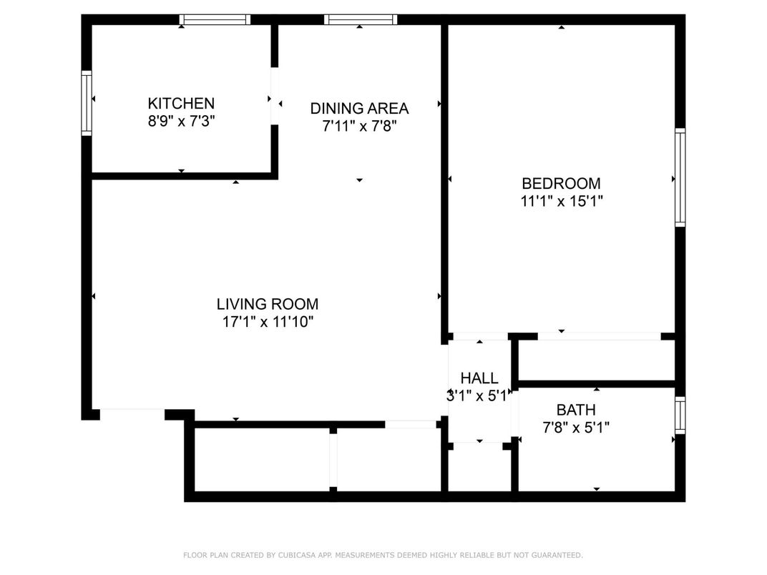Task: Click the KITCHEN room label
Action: (x=181, y=103)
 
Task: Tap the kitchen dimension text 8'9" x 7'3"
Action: (x=181, y=121)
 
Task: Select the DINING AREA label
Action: (x=359, y=108)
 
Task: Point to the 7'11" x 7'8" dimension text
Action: (x=359, y=126)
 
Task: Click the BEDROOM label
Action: (x=561, y=183)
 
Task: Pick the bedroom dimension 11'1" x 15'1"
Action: (x=561, y=201)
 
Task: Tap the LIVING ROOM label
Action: (x=268, y=304)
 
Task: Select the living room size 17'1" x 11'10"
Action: (x=268, y=322)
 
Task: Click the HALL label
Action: (x=479, y=378)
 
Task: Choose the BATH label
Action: (x=576, y=410)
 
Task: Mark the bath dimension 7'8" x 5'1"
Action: (x=576, y=428)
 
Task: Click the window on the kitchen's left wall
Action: (x=87, y=102)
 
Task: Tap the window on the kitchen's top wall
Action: (x=214, y=19)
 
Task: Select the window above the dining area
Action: (x=360, y=19)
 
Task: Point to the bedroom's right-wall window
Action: (x=680, y=177)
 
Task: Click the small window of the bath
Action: (x=680, y=415)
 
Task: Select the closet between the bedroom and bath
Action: (x=596, y=360)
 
